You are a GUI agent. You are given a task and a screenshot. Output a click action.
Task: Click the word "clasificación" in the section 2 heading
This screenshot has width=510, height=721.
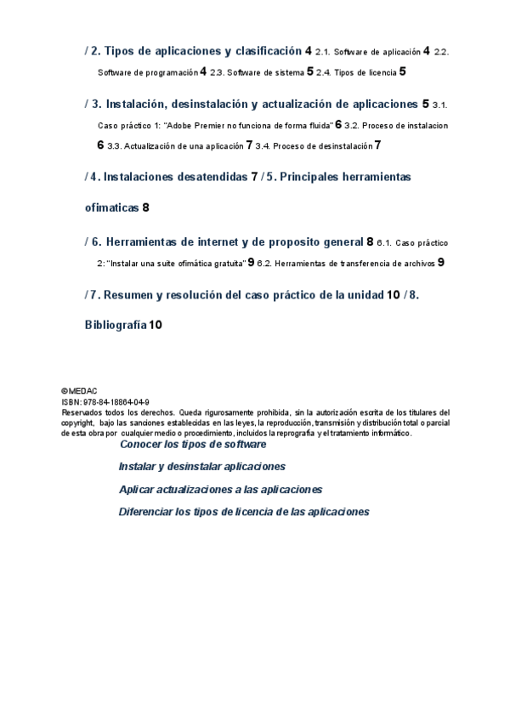pyautogui.click(x=265, y=51)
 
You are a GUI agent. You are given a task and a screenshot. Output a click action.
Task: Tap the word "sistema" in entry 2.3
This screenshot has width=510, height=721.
pyautogui.click(x=284, y=73)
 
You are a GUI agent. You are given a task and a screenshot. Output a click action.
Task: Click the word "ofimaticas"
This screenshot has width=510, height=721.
pyautogui.click(x=112, y=207)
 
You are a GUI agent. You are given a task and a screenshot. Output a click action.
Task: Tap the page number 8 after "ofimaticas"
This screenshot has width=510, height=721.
pyautogui.click(x=145, y=207)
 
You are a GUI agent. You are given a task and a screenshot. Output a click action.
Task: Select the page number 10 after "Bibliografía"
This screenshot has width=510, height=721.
pyautogui.click(x=156, y=325)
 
